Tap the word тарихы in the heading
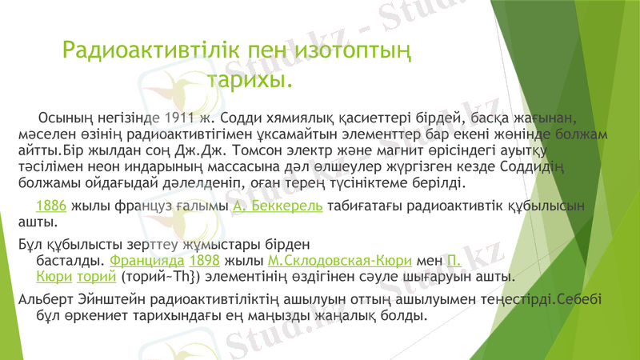click(x=250, y=81)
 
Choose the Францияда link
click(x=146, y=260)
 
